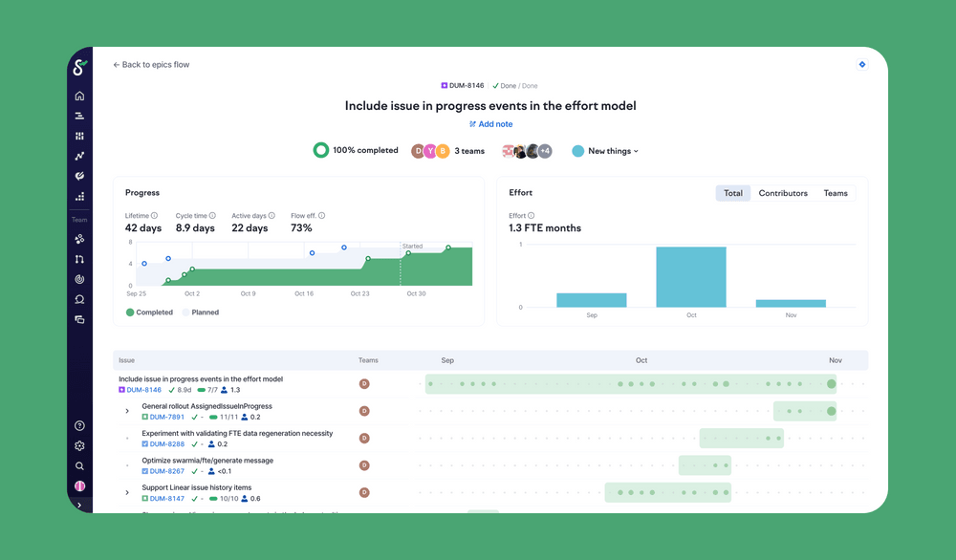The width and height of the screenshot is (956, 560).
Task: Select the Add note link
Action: point(491,124)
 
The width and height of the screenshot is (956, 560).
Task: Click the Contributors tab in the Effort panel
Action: point(783,193)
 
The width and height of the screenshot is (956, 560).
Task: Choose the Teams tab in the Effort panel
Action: point(836,193)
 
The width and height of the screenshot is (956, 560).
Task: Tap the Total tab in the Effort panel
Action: point(733,193)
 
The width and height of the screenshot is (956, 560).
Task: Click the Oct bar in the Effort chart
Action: point(691,277)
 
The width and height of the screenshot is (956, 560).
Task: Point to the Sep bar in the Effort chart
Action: point(592,300)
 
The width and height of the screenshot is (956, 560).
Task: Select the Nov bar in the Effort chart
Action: point(791,303)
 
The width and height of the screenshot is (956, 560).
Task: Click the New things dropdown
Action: point(606,151)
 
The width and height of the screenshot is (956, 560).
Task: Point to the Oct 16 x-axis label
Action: point(304,294)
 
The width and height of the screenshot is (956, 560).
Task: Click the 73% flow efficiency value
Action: point(301,228)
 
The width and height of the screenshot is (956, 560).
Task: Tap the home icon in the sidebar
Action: point(79,96)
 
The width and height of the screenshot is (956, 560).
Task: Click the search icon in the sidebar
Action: point(79,466)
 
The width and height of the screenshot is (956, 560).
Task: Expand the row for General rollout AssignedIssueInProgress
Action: point(127,412)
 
